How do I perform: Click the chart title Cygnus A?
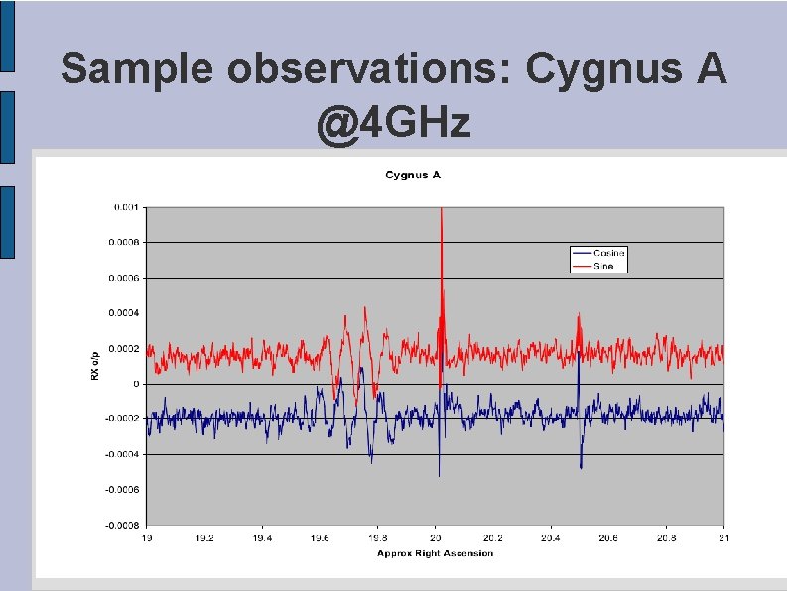412,176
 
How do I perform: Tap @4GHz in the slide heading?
393,126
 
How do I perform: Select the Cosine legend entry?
608,254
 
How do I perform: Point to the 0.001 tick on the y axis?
126,207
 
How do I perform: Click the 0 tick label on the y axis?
137,384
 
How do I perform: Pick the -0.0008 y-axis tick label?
123,525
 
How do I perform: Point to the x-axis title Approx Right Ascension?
435,552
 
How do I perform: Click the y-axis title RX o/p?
95,365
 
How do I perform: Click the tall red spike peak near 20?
440,209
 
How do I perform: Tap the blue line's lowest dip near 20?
439,475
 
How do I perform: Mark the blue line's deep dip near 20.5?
581,467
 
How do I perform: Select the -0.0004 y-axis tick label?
123,454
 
